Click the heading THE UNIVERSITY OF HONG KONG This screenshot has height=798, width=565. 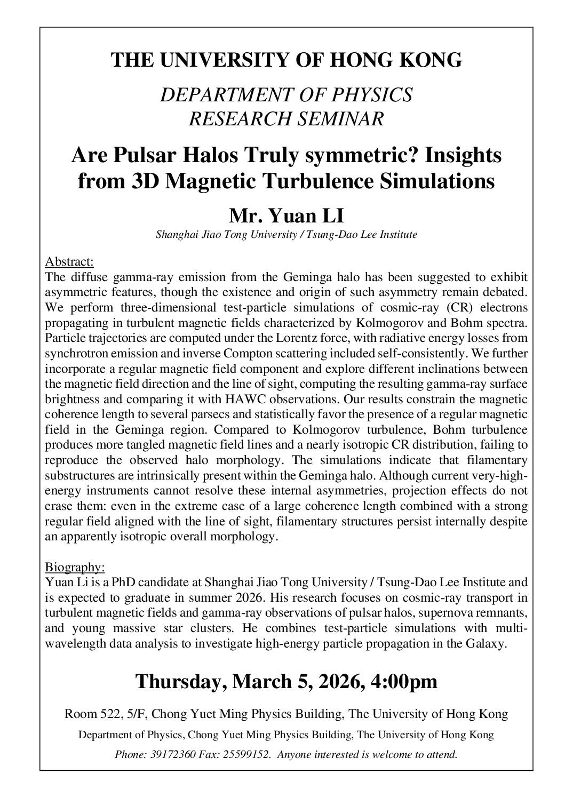click(287, 60)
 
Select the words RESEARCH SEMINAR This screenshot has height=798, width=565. click(287, 118)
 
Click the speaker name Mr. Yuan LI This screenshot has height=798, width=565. click(287, 216)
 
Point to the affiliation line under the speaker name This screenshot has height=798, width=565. click(287, 234)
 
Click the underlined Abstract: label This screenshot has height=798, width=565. click(69, 261)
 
